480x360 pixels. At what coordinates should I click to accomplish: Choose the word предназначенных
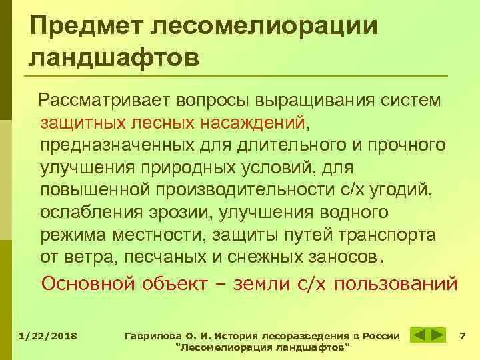click(x=112, y=145)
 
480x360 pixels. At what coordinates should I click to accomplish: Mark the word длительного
click(x=276, y=145)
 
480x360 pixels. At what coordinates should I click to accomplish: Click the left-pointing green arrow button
click(x=419, y=335)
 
